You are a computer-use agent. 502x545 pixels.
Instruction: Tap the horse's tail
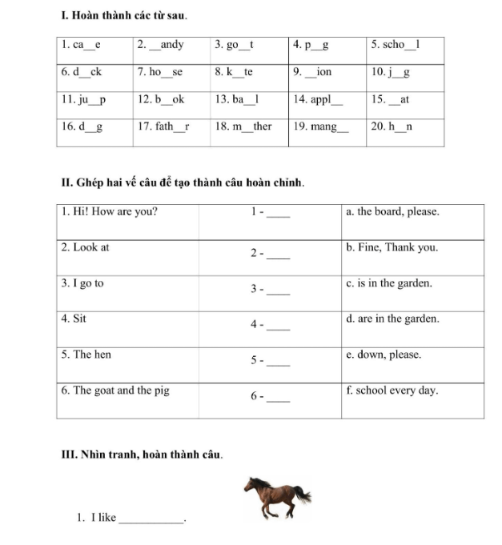point(302,495)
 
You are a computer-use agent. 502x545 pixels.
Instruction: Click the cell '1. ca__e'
point(82,45)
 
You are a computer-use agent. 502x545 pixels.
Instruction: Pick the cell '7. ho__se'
point(160,72)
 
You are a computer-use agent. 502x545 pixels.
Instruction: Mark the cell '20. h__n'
point(391,126)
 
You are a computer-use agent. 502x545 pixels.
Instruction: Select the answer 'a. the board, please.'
point(392,212)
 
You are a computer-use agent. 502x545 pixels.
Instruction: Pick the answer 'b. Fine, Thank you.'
point(392,247)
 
